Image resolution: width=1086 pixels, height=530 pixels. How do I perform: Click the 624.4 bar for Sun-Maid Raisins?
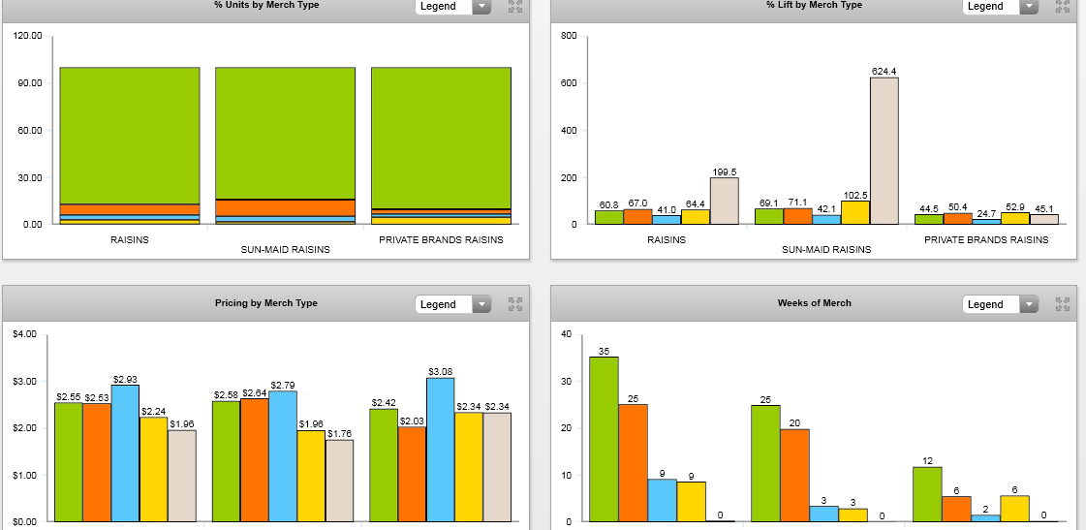884,150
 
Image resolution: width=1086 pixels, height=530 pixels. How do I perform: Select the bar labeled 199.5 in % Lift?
724,201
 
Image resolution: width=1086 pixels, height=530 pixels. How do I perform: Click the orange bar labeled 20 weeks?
794,475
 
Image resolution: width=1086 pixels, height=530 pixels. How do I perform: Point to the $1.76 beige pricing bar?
339,481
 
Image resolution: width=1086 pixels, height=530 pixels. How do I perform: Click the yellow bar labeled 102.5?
855,212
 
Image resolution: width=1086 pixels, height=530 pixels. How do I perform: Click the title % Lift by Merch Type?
814,5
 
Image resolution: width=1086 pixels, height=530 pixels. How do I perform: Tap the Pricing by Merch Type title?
266,303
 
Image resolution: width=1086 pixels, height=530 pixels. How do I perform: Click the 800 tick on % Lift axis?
569,36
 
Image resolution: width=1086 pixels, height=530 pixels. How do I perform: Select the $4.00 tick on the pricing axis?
25,334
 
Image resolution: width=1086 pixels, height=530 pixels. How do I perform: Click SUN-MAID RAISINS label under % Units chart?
285,249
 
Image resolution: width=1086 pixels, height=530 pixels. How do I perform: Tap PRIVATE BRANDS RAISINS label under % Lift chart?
986,239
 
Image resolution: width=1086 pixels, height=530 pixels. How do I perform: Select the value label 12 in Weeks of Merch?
927,459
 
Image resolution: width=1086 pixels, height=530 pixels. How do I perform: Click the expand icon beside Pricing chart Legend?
515,304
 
